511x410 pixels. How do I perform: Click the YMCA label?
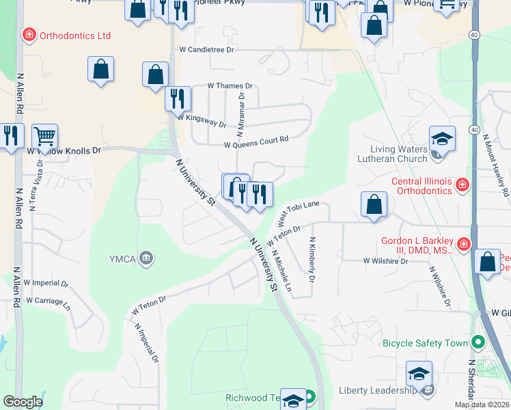124,258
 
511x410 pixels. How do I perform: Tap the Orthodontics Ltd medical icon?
29,34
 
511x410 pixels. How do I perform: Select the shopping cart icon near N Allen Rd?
44,135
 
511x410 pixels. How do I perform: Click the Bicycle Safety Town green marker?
478,342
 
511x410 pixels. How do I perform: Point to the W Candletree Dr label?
206,50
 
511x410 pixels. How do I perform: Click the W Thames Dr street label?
230,87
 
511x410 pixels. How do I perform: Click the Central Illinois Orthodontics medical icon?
462,184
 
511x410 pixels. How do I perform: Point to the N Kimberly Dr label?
312,260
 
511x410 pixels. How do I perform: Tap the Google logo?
23,402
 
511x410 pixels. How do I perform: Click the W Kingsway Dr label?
202,121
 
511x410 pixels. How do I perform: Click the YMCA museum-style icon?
146,258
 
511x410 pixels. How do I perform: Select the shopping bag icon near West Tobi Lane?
374,204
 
